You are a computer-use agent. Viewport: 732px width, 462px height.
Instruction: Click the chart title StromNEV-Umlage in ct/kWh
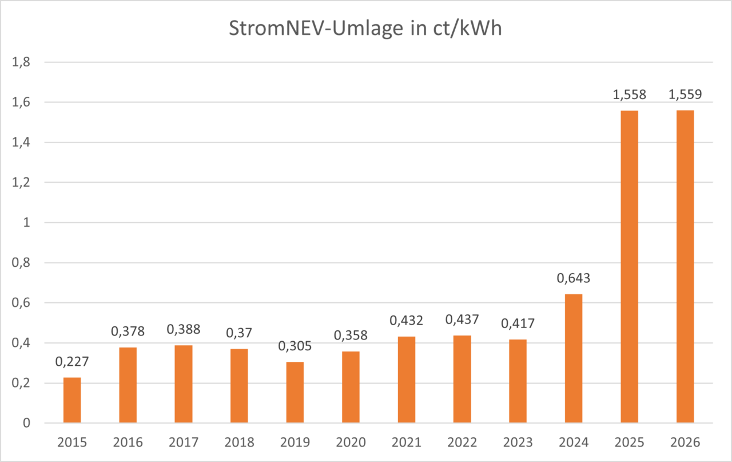click(365, 29)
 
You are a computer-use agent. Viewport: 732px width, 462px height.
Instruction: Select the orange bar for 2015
click(72, 400)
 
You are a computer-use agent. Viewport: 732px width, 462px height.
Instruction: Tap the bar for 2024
click(574, 358)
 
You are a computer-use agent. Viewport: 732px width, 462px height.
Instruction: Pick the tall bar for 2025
click(629, 267)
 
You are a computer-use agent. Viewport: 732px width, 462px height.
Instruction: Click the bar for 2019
click(295, 392)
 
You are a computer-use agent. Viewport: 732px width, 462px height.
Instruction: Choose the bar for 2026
click(685, 267)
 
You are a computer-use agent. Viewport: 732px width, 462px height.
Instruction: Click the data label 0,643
click(574, 279)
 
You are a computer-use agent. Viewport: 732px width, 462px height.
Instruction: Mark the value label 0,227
click(72, 362)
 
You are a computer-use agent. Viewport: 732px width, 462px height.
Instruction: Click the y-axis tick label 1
click(26, 223)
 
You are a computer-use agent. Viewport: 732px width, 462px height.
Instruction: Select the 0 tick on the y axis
click(26, 424)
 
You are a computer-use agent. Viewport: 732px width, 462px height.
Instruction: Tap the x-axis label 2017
click(184, 443)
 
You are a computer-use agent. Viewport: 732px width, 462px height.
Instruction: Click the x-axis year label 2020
click(351, 443)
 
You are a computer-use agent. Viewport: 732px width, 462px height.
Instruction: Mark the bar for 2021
click(407, 380)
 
